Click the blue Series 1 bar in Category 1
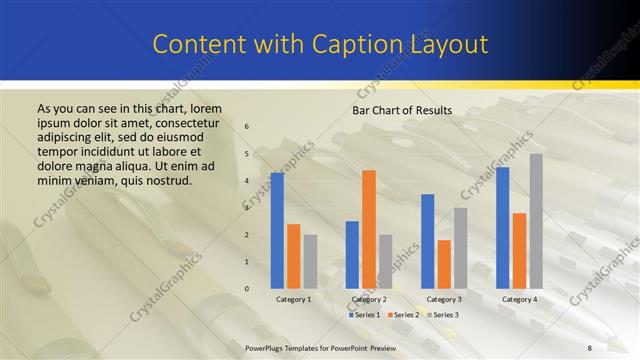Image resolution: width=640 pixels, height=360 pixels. (277, 231)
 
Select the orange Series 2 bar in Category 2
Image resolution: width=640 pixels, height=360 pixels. (369, 229)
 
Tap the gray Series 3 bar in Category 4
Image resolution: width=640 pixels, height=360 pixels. (536, 221)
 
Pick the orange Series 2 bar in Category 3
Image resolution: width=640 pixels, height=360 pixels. (444, 264)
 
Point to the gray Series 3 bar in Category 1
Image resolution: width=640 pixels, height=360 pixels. (311, 261)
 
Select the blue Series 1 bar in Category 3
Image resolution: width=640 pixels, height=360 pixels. (427, 241)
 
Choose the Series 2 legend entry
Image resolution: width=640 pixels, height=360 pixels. (403, 315)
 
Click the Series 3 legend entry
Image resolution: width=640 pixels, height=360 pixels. (442, 315)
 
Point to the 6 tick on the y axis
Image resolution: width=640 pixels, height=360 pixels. (247, 126)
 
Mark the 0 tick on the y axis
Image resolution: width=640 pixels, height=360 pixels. (247, 289)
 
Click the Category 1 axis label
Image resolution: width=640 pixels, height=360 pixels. (294, 299)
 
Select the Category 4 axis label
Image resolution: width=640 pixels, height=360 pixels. (519, 299)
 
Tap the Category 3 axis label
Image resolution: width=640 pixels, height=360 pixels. (444, 299)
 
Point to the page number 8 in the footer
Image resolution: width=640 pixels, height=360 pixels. (590, 347)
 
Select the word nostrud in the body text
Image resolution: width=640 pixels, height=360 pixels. (164, 180)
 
